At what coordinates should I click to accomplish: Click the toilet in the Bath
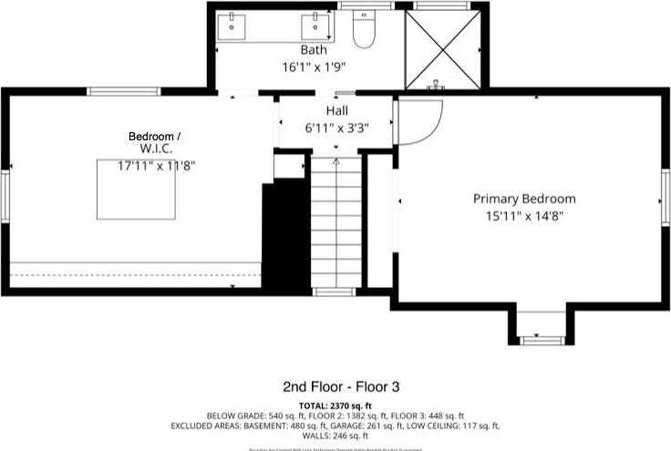(x=365, y=31)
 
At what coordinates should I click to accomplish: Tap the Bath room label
(x=314, y=49)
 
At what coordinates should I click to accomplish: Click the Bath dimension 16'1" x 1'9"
(x=314, y=67)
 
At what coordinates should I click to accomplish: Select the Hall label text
(x=336, y=110)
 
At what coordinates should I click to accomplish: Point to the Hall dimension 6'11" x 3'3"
(x=336, y=128)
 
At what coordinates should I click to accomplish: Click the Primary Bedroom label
(x=523, y=199)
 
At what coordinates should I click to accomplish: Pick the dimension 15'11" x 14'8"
(x=523, y=216)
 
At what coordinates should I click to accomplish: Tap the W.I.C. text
(x=156, y=148)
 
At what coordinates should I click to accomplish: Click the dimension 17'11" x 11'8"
(x=156, y=166)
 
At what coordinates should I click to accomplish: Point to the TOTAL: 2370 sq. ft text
(x=335, y=405)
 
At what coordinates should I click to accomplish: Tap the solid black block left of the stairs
(x=284, y=235)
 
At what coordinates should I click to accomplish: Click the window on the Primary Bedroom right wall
(x=665, y=200)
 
